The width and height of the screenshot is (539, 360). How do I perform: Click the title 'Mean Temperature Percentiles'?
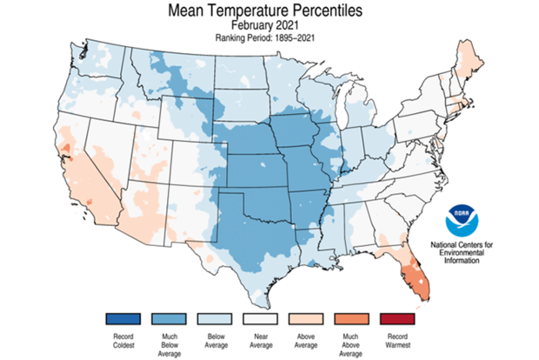[x=270, y=11]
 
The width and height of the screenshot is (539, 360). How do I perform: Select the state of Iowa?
[x=296, y=131]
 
